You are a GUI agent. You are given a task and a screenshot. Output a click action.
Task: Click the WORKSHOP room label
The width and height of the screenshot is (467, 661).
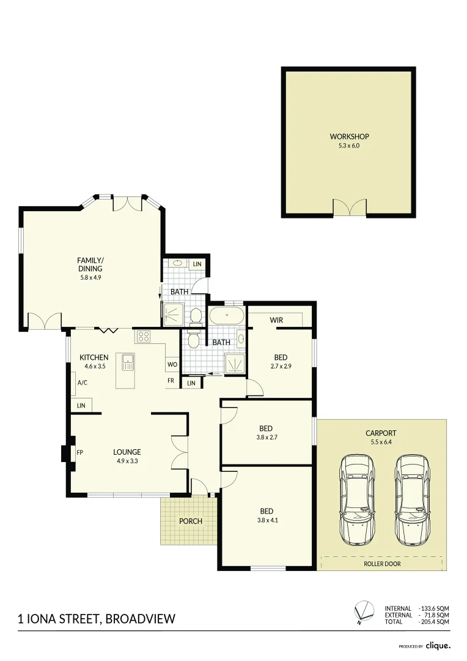click(x=349, y=136)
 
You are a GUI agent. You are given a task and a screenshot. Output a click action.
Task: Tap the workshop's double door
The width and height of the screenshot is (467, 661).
click(x=349, y=207)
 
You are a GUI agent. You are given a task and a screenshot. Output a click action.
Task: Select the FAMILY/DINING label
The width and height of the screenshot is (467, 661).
click(x=90, y=264)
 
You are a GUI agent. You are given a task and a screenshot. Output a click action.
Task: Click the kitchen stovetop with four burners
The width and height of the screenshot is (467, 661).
click(x=143, y=336)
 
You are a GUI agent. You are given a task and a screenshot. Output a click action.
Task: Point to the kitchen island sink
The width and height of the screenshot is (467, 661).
click(x=128, y=362)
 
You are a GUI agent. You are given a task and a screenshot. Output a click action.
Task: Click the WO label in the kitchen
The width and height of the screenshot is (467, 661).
click(x=172, y=364)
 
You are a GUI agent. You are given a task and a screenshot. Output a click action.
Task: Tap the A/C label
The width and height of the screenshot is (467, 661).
click(x=81, y=383)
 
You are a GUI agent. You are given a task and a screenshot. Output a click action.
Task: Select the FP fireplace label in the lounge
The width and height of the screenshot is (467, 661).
click(x=80, y=453)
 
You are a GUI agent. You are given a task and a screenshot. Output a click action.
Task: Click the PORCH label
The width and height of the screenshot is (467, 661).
click(x=190, y=521)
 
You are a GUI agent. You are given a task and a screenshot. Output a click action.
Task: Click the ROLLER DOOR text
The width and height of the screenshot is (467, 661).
click(x=382, y=564)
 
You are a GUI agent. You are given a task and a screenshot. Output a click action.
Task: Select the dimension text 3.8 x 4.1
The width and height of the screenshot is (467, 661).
click(x=266, y=521)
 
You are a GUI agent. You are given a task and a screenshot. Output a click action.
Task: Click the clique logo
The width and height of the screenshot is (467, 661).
click(x=438, y=645)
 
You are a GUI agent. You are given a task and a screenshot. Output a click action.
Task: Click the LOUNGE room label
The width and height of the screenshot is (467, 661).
click(x=127, y=452)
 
